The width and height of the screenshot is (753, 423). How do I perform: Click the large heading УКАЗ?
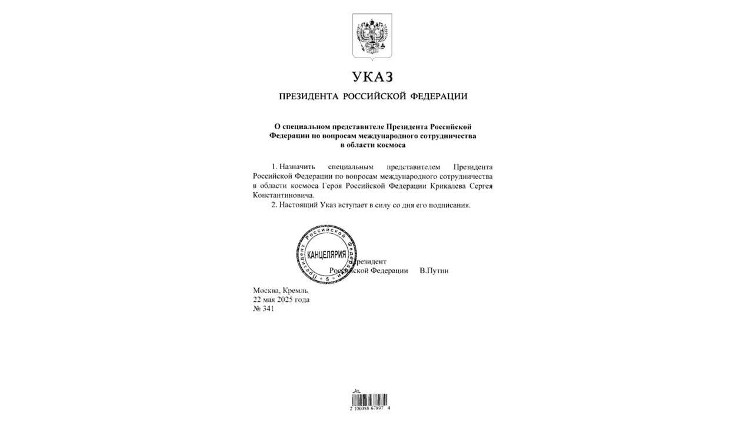(372, 78)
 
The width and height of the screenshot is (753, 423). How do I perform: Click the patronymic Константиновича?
(283, 195)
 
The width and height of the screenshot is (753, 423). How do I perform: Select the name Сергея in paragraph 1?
(481, 186)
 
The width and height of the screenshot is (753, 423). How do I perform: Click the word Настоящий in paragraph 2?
(298, 206)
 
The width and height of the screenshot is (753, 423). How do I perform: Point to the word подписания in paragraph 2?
(451, 206)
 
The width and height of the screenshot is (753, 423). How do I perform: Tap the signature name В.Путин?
(434, 270)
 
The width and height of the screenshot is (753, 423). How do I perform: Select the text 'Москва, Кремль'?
(280, 290)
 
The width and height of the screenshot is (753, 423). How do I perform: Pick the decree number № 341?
(264, 309)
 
